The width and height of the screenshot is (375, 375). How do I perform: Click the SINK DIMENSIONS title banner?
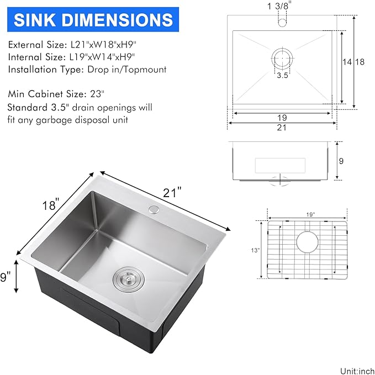[x=93, y=20]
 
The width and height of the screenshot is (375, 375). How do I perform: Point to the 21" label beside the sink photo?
[x=172, y=193]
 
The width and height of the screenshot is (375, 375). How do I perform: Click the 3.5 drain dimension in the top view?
[x=282, y=76]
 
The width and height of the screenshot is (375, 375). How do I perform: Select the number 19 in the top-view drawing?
[x=282, y=117]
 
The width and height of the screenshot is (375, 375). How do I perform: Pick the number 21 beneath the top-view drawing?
[x=282, y=128]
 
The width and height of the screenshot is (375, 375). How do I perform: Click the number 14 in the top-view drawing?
[x=347, y=62]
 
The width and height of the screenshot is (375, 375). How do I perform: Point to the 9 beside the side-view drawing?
[x=341, y=161]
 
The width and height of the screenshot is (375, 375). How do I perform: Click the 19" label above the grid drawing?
[x=309, y=214]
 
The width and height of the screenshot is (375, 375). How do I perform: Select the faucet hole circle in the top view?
[x=282, y=23]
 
